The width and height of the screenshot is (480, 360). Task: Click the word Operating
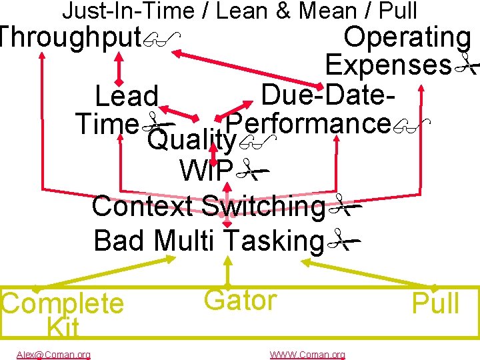(407, 37)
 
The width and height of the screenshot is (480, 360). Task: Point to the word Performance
(307, 123)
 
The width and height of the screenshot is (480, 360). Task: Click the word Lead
(127, 97)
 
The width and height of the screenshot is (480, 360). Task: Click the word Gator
(240, 301)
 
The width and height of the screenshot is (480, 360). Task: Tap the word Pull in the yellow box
(435, 304)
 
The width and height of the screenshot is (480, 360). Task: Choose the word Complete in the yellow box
(63, 304)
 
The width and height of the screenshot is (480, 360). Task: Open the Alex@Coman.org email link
(53, 355)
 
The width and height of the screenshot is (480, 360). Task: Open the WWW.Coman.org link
(307, 355)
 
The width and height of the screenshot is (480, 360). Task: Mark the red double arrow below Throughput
(120, 67)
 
